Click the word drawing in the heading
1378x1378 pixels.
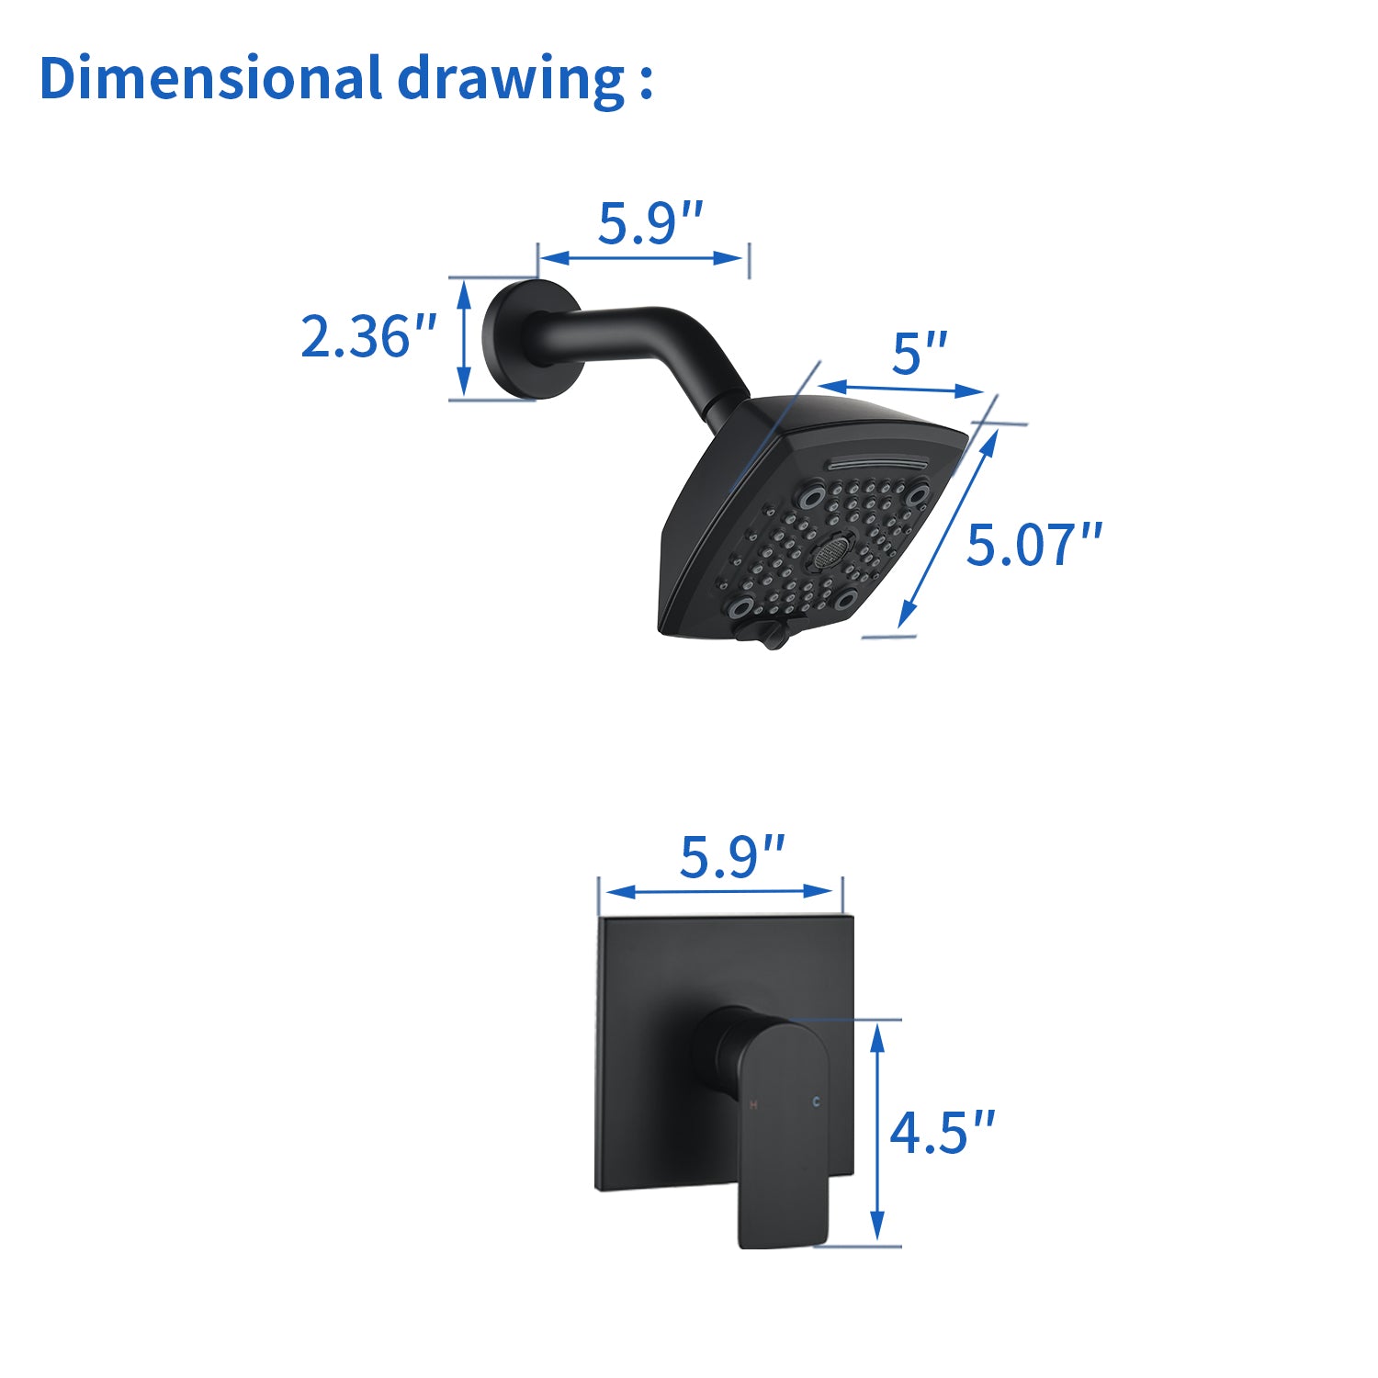pyautogui.click(x=511, y=81)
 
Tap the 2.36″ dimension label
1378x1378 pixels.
pyautogui.click(x=368, y=337)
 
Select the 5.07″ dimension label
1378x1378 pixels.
pyautogui.click(x=1033, y=545)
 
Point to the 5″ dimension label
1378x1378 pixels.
pyautogui.click(x=919, y=354)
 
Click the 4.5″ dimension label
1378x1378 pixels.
pyautogui.click(x=943, y=1132)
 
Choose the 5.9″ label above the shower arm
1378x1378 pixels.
pyautogui.click(x=650, y=223)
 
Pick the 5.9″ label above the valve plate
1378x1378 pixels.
pyautogui.click(x=731, y=857)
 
